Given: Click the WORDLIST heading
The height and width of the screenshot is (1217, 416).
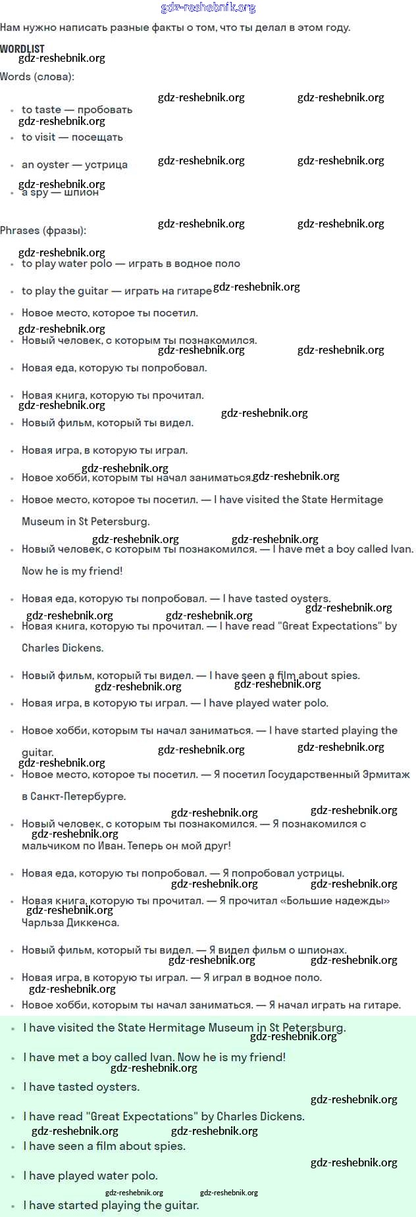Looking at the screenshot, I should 22,49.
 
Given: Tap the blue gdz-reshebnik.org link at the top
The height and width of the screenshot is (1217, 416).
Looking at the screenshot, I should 208,8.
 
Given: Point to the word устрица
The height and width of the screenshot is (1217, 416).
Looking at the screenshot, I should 106,165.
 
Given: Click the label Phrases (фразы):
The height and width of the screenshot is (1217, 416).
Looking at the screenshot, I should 43,231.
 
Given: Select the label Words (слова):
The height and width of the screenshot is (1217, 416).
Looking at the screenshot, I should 38,77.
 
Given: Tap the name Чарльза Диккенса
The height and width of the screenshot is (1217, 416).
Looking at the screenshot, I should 70,922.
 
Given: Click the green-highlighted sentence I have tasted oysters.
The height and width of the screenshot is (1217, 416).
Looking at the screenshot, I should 82,1087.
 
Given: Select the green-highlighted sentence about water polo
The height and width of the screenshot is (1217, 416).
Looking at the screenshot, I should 90,1176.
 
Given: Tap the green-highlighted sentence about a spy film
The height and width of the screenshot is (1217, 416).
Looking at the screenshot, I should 104,1146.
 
